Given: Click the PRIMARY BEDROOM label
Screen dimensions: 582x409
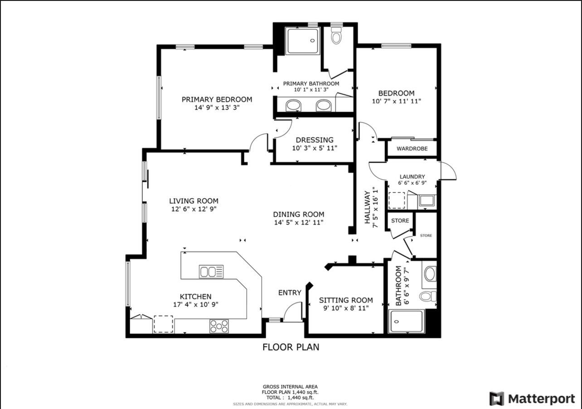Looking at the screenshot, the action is pos(217,99).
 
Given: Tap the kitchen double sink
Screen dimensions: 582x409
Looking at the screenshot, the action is pos(211,272).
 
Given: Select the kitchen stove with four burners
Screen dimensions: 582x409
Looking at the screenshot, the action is pos(219,326).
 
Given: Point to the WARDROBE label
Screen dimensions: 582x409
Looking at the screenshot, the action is pos(412,149).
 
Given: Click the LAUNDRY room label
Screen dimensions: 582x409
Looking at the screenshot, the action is pos(412,177).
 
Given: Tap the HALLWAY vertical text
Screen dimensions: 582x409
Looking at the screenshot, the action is pos(367,207).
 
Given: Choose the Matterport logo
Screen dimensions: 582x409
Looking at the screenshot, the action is pos(532,399).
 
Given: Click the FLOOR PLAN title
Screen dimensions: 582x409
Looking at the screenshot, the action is pos(291,347).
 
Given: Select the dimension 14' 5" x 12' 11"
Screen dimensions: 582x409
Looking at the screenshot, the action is pos(299,223).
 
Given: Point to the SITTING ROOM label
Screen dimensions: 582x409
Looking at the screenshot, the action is pos(346,300).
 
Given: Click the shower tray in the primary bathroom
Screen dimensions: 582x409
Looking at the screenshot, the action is pos(302,41).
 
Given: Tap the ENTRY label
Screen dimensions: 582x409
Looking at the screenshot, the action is pos(290,293).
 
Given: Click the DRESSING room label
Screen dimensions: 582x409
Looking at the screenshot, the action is pos(315,140).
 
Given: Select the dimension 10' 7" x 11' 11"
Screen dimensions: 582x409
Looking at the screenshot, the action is pos(397,101).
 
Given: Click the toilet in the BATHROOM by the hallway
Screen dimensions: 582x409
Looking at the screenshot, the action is pos(428,296).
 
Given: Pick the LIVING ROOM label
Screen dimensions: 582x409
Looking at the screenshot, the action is pos(194,201).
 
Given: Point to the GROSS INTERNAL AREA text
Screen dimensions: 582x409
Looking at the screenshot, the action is pos(290,387).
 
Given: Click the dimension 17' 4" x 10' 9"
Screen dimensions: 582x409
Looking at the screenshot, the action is pos(196,305).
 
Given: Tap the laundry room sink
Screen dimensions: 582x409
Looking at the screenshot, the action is pos(427,201).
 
